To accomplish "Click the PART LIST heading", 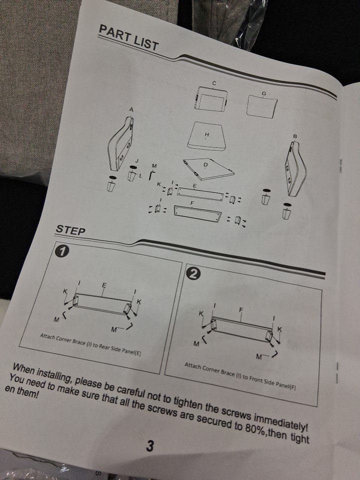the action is pos(128,37).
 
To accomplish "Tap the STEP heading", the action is pos(70,229).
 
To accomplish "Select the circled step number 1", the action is pos(61,252).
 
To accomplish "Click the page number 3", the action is pos(150,446).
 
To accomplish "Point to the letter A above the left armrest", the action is pos(131,109).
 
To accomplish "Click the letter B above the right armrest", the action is pos(295,136).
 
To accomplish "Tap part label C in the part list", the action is pos(214,83).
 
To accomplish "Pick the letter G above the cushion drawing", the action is pos(264,93).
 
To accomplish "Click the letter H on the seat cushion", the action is pos(206,134).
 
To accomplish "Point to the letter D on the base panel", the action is pos(205,164).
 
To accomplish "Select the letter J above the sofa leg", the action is pos(136,160).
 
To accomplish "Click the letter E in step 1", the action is pos(104,285).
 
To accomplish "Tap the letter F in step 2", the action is pos(241,310).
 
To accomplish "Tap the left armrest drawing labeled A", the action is pos(120,144).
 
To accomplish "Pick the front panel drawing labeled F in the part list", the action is pos(198,214).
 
